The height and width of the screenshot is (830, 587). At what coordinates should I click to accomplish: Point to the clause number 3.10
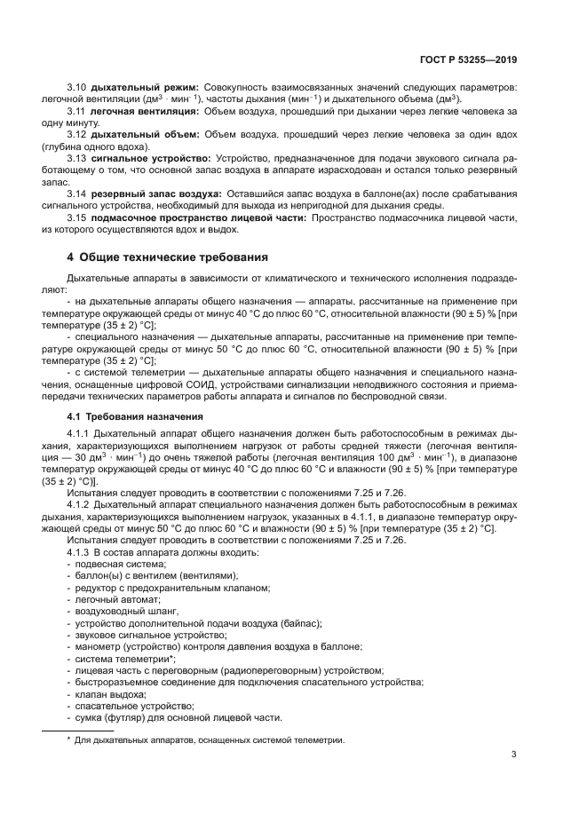coord(77,88)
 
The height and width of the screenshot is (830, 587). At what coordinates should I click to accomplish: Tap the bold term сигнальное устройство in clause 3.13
coord(147,157)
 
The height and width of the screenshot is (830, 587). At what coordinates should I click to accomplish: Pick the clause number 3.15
coord(77,217)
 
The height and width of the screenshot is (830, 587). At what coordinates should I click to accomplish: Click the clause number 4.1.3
coord(81,552)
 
